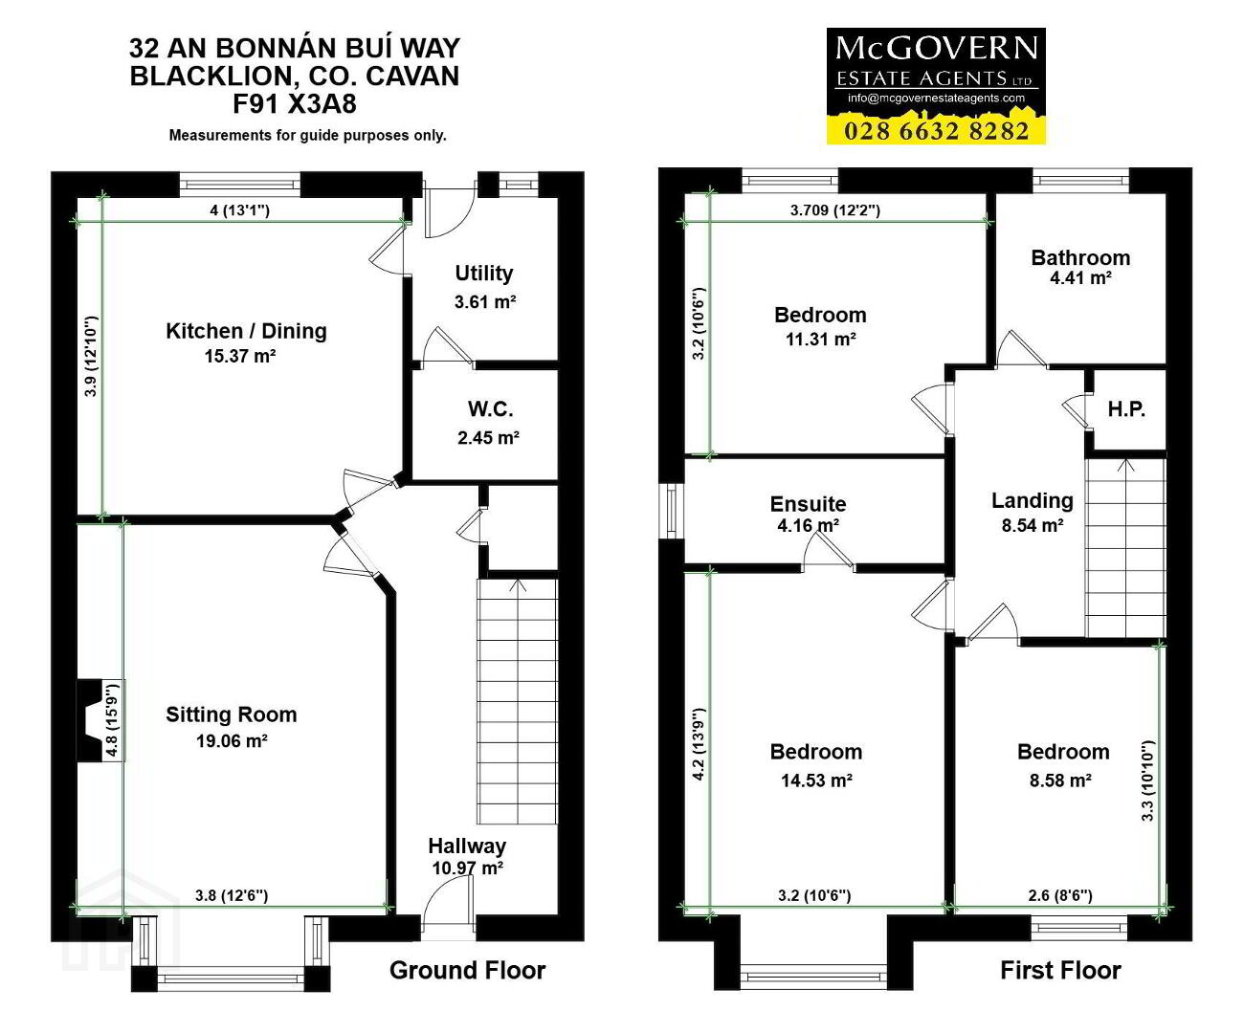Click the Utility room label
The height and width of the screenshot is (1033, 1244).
[x=484, y=274]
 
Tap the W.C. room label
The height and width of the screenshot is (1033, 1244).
[x=490, y=409]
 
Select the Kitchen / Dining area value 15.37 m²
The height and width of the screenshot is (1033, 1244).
[x=240, y=356]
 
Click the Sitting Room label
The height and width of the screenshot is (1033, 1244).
[x=232, y=714]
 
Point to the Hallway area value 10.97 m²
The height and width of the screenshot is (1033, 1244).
[x=468, y=868]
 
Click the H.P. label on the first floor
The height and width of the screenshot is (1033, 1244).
[x=1126, y=409]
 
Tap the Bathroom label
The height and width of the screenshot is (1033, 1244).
[x=1080, y=258]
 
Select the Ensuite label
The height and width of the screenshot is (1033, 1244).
[x=808, y=504]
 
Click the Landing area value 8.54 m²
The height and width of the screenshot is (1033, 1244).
[x=1033, y=525]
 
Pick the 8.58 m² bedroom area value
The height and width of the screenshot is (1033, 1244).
[x=1060, y=780]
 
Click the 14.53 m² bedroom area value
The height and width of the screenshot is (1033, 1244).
[x=816, y=780]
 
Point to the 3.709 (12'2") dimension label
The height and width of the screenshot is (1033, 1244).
[x=834, y=209]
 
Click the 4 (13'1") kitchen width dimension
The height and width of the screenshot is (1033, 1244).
[x=239, y=209]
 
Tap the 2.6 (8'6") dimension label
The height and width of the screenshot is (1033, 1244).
[x=1060, y=895]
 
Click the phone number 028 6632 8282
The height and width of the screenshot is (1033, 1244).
[x=937, y=131]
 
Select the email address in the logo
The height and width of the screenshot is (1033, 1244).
[x=936, y=99]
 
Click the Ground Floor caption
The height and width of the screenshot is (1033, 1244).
[x=467, y=971]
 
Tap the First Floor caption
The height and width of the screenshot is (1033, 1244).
[x=1060, y=971]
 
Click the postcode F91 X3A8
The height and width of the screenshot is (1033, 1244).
[x=295, y=103]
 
